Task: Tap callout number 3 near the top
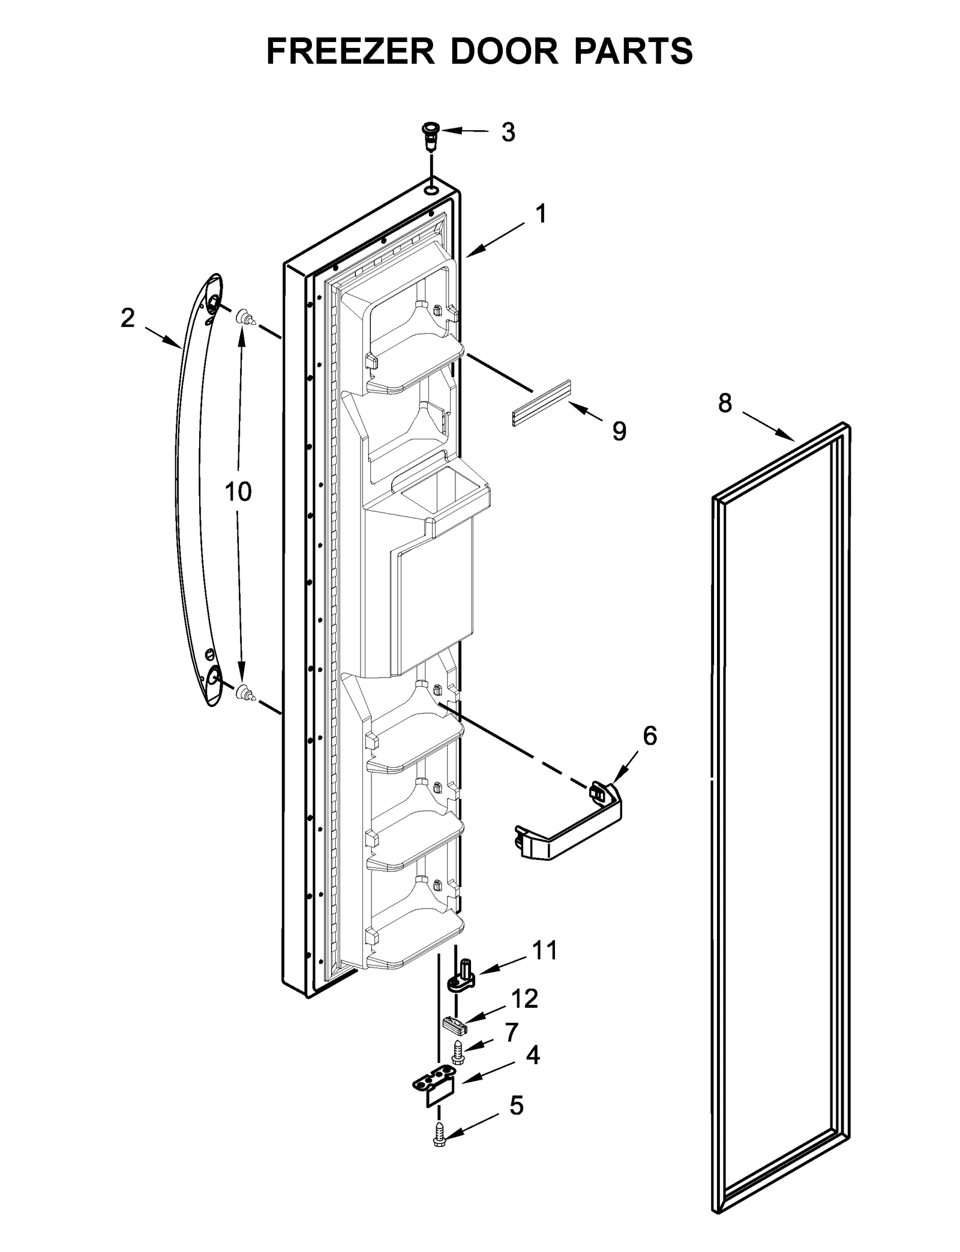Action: pyautogui.click(x=508, y=133)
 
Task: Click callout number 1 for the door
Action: pyautogui.click(x=541, y=214)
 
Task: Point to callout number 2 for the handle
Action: pyautogui.click(x=127, y=318)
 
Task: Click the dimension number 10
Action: pyautogui.click(x=238, y=492)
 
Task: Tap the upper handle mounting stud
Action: pyautogui.click(x=245, y=317)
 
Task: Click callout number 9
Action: pyautogui.click(x=619, y=431)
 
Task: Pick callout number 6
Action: pyautogui.click(x=650, y=736)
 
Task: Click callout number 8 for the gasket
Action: pyautogui.click(x=725, y=403)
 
